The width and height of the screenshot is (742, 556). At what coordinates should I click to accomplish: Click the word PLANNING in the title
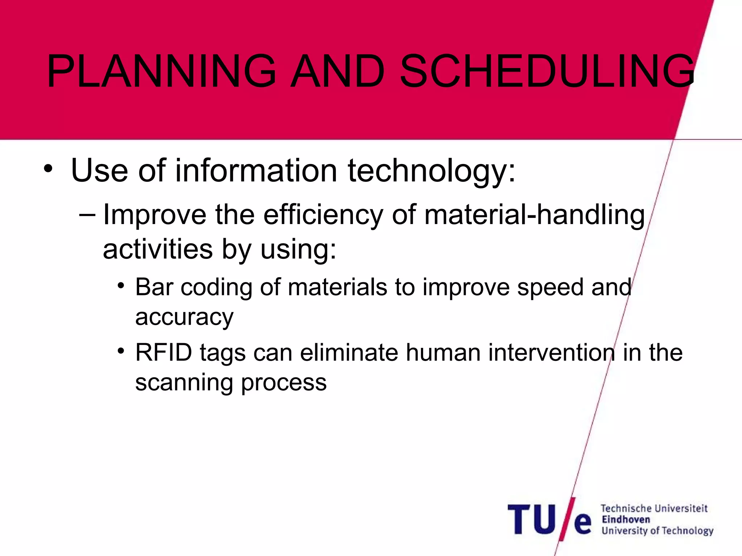click(162, 71)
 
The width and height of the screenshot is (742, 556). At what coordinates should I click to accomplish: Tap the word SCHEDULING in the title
click(547, 71)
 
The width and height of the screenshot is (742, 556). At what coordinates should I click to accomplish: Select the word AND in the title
click(338, 71)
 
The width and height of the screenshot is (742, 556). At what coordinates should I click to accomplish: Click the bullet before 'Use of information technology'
click(48, 169)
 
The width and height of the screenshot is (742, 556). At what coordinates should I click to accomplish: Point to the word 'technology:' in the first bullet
click(431, 171)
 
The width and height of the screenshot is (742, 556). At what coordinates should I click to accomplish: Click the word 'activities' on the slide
click(158, 250)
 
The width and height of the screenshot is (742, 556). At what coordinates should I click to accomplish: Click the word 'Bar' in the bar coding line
click(154, 287)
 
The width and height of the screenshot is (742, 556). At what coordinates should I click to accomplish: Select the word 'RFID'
click(163, 353)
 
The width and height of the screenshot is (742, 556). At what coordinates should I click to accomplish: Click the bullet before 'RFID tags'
click(121, 351)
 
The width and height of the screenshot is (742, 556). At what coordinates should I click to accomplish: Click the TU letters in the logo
click(531, 520)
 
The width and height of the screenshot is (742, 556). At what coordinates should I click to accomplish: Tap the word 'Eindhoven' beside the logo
click(626, 519)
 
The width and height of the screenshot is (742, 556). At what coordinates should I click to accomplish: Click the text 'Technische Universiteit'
click(654, 509)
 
